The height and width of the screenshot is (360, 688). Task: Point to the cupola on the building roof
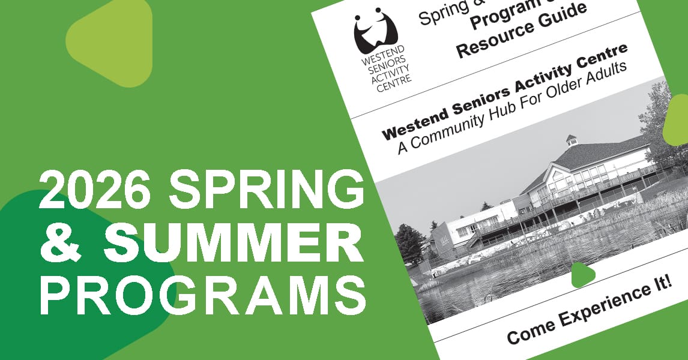click(571, 140)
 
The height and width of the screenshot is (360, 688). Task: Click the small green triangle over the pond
click(582, 274)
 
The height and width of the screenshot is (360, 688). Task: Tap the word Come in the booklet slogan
click(531, 331)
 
